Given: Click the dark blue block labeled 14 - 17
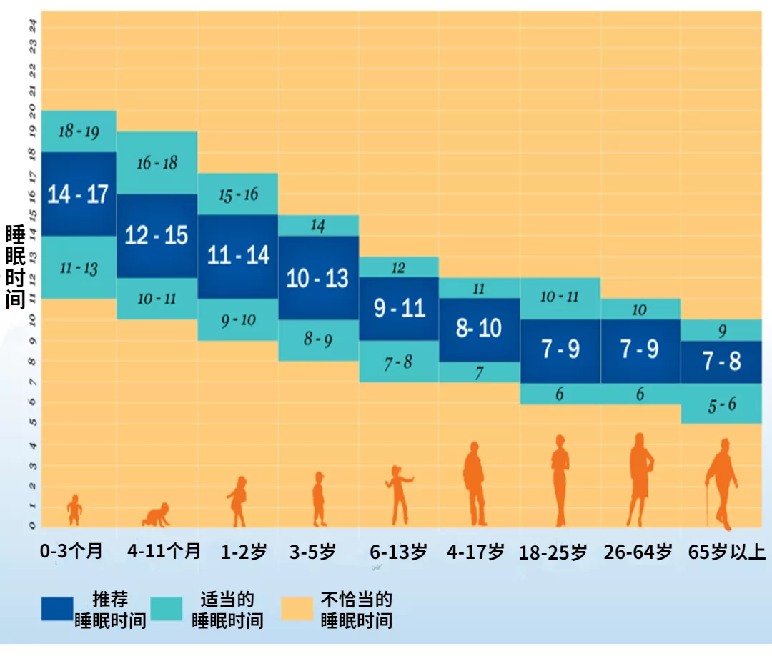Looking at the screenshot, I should coord(78,194).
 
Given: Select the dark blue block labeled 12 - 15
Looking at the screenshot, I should coord(157,235).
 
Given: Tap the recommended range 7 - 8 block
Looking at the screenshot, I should coord(721,362).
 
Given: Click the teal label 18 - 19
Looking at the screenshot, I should coord(78,131).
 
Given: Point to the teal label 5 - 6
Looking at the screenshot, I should coord(721,404).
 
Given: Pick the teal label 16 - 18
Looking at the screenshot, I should coord(157,163).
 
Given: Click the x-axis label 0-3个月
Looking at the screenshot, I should coord(71,552).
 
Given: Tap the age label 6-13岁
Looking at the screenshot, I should coord(398,552).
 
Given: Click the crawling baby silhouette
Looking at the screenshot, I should coord(157,515).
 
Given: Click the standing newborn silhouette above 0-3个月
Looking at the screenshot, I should coord(74,510).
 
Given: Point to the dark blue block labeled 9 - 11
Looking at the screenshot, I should coord(398,308).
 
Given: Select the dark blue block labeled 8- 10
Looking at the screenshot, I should coord(479,329).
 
